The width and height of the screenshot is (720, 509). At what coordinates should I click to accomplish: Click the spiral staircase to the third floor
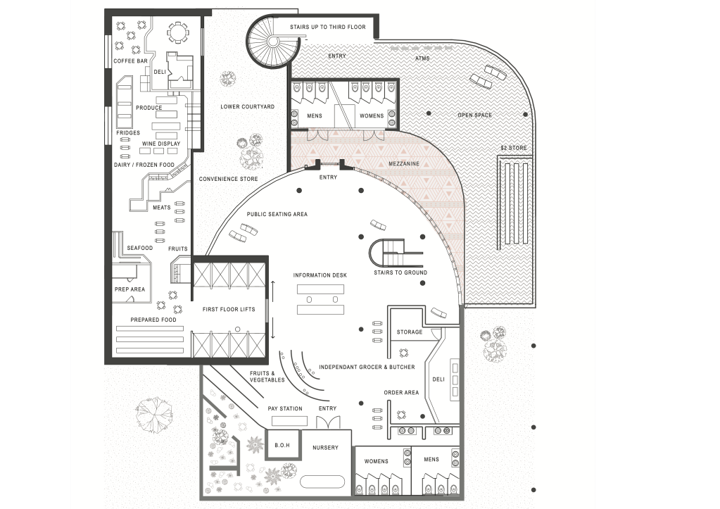pyautogui.click(x=273, y=42)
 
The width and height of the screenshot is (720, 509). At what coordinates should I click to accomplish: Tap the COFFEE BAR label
pyautogui.click(x=130, y=61)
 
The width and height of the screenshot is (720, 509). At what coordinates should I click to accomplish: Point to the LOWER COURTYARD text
pyautogui.click(x=247, y=106)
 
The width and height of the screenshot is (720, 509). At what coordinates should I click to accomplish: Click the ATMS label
pyautogui.click(x=422, y=58)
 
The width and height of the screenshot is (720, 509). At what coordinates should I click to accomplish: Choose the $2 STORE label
pyautogui.click(x=514, y=148)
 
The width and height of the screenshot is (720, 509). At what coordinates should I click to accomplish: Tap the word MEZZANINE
pyautogui.click(x=404, y=163)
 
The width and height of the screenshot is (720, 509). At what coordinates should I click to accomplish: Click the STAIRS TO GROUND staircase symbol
pyautogui.click(x=396, y=253)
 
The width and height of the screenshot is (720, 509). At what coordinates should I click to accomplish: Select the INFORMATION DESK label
pyautogui.click(x=320, y=276)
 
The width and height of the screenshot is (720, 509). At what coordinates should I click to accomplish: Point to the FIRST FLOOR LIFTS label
pyautogui.click(x=229, y=310)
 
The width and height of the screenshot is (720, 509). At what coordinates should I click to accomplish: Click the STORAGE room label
pyautogui.click(x=410, y=332)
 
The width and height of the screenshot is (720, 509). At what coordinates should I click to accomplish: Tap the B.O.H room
pyautogui.click(x=282, y=445)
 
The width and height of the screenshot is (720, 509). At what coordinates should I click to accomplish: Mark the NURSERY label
pyautogui.click(x=326, y=448)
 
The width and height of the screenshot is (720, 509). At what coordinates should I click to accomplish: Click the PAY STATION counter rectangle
pyautogui.click(x=289, y=421)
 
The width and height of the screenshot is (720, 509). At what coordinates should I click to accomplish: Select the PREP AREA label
pyautogui.click(x=130, y=289)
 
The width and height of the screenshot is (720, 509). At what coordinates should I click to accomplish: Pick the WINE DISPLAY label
pyautogui.click(x=161, y=144)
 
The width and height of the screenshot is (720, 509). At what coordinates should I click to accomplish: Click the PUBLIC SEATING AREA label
pyautogui.click(x=277, y=214)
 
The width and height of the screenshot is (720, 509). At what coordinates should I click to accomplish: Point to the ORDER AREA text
pyautogui.click(x=401, y=393)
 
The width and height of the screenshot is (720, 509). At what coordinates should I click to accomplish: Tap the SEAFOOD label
pyautogui.click(x=139, y=248)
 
